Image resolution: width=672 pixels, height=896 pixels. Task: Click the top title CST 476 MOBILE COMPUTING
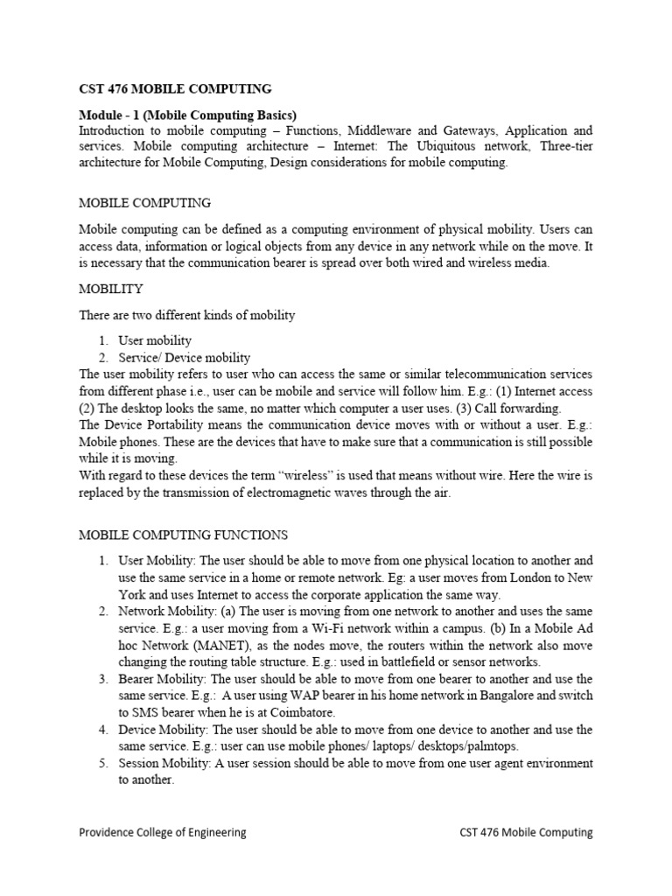click(x=175, y=88)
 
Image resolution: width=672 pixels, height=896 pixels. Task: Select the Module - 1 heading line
click(x=187, y=115)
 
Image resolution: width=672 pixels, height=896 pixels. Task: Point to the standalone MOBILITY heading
click(x=111, y=289)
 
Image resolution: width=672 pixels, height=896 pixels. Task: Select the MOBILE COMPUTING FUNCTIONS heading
click(x=183, y=535)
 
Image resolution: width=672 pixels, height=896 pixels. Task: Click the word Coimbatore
click(x=298, y=712)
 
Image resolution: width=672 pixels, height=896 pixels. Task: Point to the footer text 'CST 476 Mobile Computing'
click(x=526, y=833)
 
